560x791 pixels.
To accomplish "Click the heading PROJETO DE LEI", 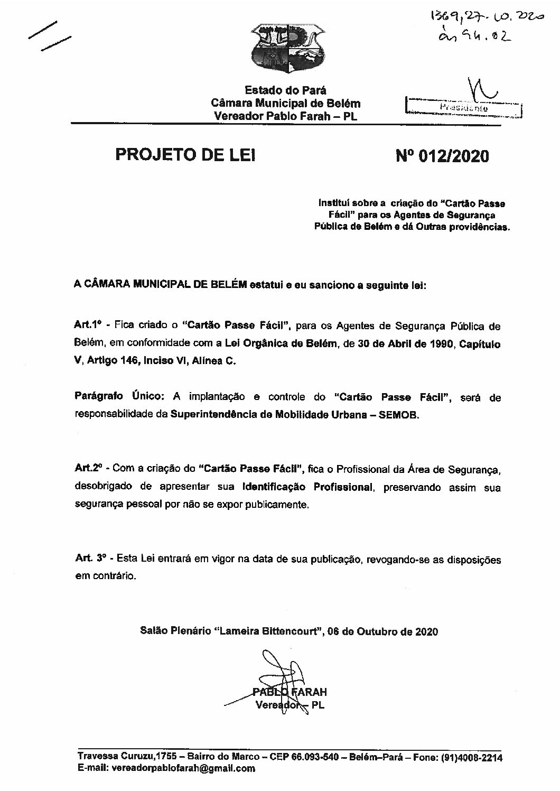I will click(185, 156).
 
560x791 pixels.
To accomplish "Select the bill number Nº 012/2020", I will click(442, 156).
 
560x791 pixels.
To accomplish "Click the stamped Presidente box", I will click(462, 108).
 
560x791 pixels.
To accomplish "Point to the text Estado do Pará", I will click(286, 91).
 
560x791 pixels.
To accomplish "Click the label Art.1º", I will click(87, 326).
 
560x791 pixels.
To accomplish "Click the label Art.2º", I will click(87, 469).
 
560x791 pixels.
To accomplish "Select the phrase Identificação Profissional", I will click(307, 487).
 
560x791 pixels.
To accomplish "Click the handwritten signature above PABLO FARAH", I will click(280, 671).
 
